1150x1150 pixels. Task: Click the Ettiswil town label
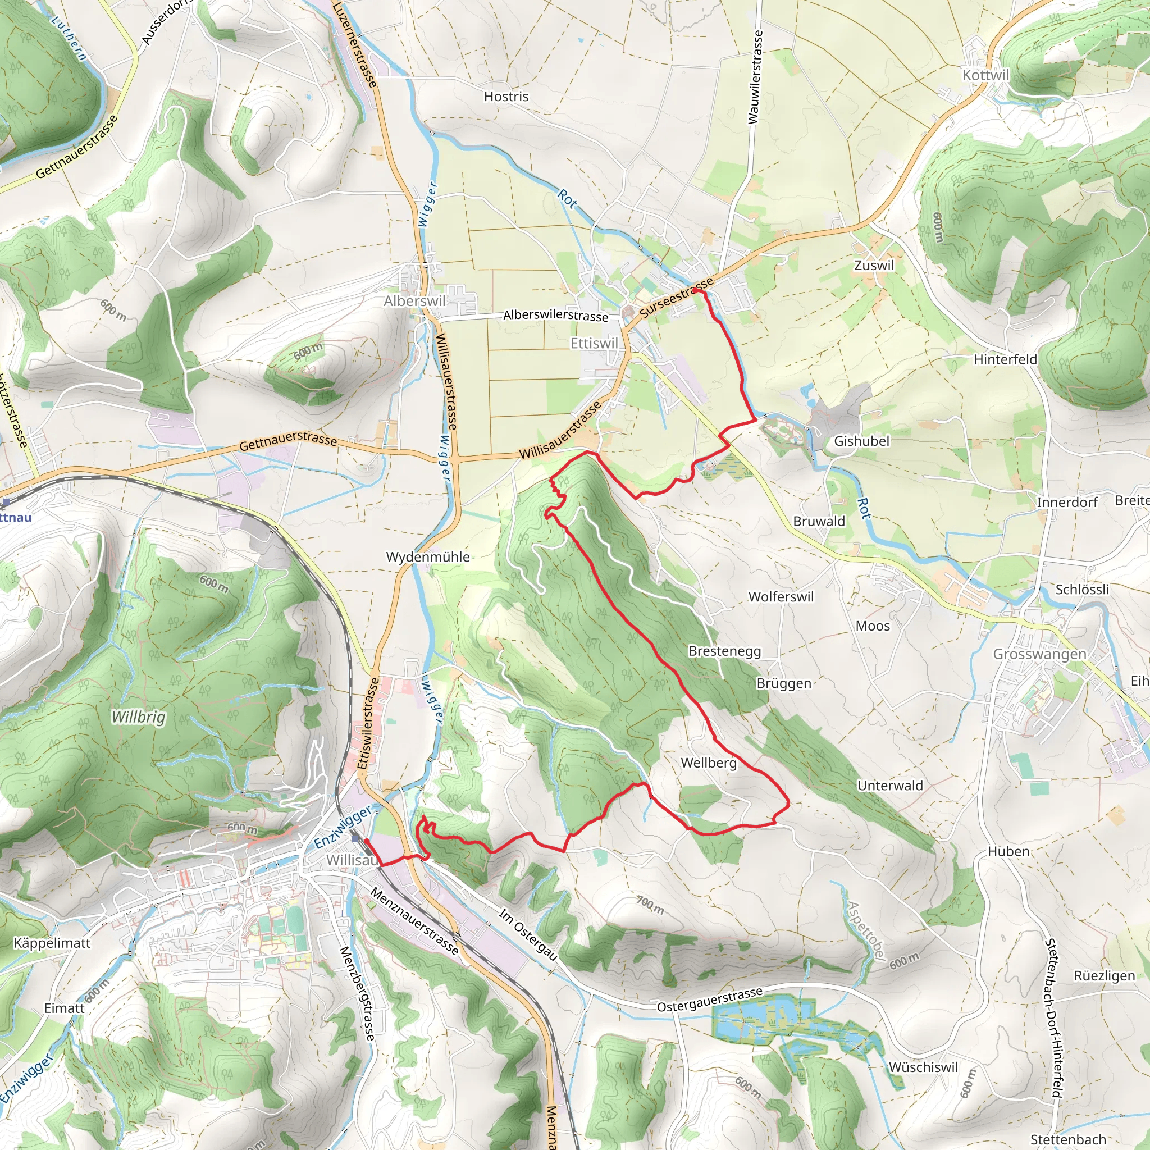tap(594, 344)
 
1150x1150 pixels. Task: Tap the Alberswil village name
tap(414, 301)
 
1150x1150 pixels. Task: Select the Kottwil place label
tap(985, 75)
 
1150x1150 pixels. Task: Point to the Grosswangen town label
tap(1039, 654)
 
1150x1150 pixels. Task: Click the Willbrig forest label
tap(138, 717)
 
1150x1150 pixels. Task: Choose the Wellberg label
tap(708, 763)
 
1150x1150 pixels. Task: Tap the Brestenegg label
tap(724, 651)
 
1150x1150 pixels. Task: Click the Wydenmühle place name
tap(427, 556)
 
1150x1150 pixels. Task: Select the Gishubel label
tap(861, 441)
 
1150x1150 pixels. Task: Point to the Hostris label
tap(506, 97)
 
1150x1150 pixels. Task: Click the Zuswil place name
tap(874, 266)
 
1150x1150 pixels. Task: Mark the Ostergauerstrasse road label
tap(710, 1000)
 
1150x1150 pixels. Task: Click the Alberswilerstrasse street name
tap(555, 315)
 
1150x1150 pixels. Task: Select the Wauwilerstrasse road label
tap(754, 77)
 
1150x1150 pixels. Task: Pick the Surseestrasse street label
tap(676, 298)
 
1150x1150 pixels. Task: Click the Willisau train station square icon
tap(355, 838)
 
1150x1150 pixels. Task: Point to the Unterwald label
tap(889, 785)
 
